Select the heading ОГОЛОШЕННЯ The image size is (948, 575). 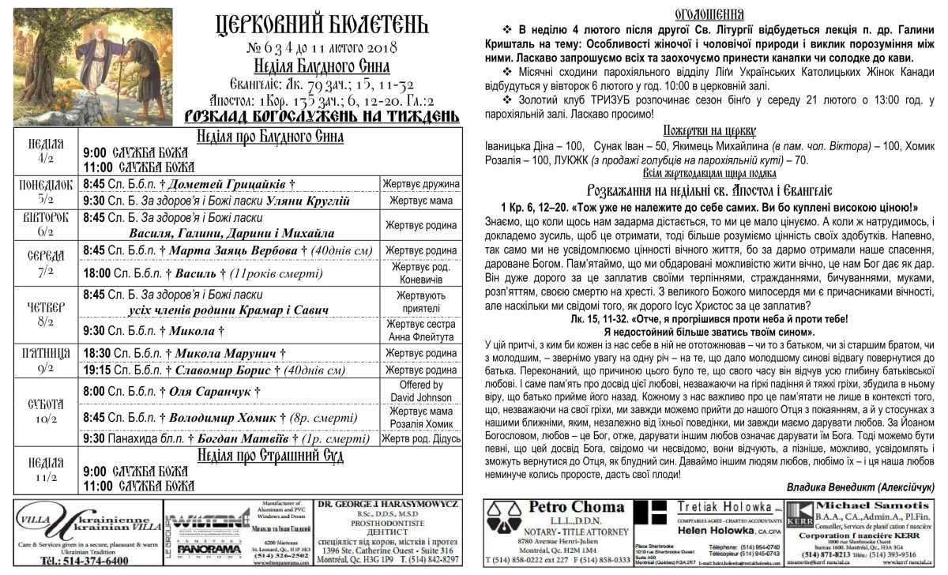709,13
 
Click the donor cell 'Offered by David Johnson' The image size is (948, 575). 420,390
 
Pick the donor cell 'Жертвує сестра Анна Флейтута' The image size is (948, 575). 420,330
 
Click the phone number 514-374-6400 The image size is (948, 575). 85,560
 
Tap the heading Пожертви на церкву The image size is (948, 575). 709,130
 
